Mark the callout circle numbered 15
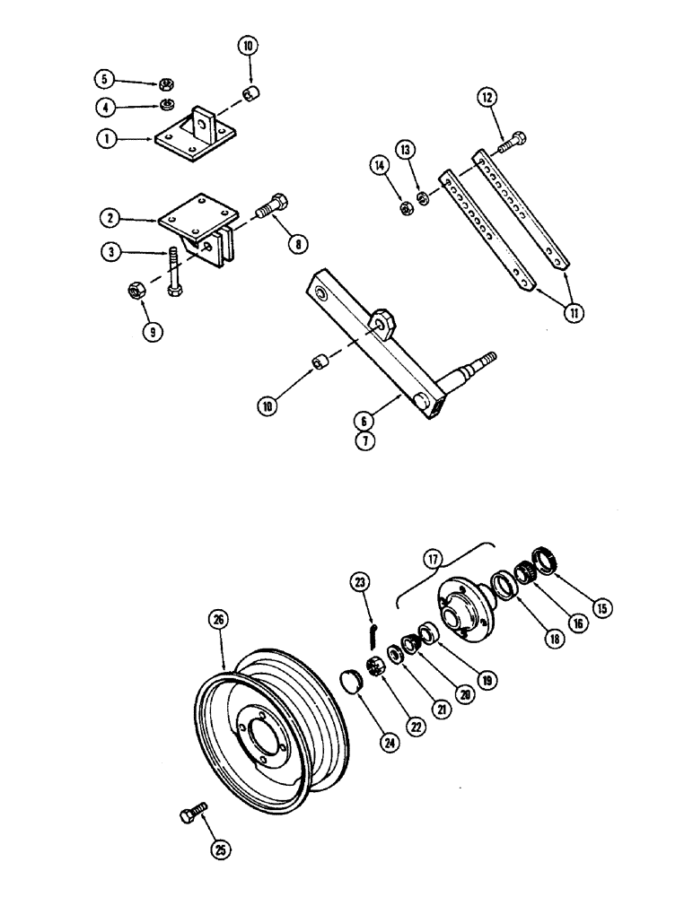[603, 608]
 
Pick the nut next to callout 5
[166, 85]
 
